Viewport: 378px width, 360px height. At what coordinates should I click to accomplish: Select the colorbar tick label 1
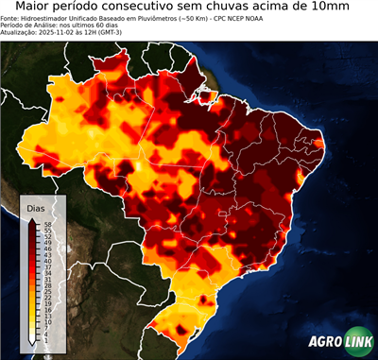tap(45, 339)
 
